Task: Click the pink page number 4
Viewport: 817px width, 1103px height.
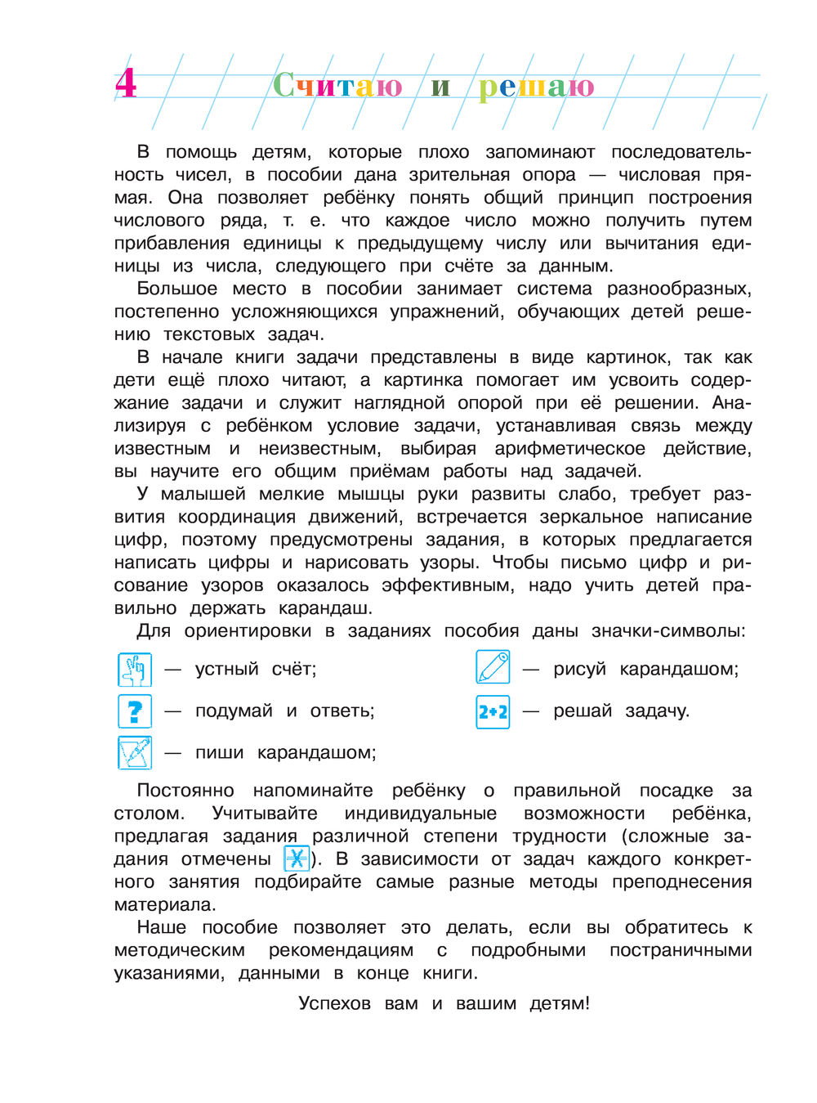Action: coord(126,84)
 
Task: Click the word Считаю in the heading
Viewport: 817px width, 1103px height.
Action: coord(337,85)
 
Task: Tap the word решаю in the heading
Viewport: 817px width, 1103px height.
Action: coord(536,86)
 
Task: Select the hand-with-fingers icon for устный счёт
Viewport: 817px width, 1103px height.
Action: coord(135,670)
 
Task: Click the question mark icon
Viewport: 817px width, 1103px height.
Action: coord(135,711)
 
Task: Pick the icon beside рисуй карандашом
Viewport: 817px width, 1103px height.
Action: coord(493,668)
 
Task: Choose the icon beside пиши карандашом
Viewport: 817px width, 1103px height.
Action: coord(135,752)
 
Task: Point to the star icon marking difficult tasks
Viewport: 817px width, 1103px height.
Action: coord(297,859)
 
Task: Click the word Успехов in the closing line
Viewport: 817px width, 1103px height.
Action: coord(334,1003)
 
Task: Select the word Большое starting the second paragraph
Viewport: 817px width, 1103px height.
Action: coord(177,289)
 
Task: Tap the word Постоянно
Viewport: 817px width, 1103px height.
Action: coord(185,791)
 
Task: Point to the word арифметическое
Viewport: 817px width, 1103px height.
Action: coord(569,449)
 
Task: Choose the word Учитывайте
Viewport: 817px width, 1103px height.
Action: coord(265,814)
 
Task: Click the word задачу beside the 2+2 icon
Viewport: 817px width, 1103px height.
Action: coord(657,711)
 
